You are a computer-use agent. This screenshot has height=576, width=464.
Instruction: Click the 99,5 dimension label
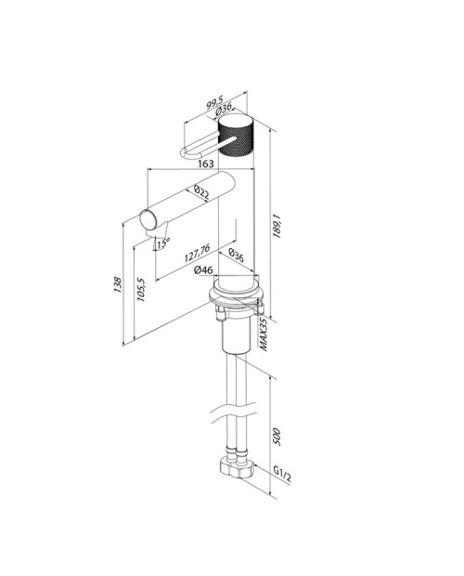(x=214, y=102)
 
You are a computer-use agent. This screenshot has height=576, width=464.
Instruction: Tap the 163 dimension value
(x=206, y=164)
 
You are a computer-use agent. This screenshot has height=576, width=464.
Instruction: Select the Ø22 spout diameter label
(x=201, y=192)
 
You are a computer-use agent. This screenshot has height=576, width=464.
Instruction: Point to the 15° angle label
(x=163, y=242)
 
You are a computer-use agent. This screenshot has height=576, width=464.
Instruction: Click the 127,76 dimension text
(x=197, y=253)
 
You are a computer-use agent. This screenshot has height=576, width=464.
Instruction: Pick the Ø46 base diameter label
(x=203, y=270)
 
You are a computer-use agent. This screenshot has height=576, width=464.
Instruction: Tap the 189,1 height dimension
(x=277, y=227)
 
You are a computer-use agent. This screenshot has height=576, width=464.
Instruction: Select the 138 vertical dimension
(x=117, y=284)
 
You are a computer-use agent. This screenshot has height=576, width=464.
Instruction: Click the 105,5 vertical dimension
(x=141, y=290)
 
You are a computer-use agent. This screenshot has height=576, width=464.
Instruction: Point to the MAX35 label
(x=264, y=334)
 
